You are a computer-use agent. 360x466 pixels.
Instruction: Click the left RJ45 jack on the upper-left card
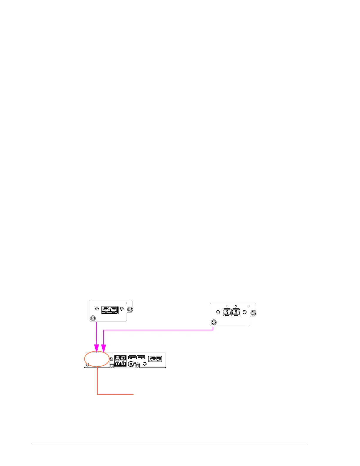coord(106,310)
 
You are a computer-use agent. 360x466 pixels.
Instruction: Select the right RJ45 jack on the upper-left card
coord(114,310)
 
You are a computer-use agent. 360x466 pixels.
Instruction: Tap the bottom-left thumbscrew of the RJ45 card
coord(93,318)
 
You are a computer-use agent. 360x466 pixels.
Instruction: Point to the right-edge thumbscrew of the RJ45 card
coord(129,309)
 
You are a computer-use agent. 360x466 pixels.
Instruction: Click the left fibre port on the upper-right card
coord(227,312)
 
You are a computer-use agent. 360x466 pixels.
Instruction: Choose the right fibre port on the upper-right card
coord(236,312)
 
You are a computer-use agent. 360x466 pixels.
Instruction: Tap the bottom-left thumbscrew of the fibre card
coord(214,322)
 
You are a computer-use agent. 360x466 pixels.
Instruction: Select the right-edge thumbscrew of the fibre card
coord(253,313)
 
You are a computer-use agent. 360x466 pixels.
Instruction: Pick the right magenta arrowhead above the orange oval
coord(104,348)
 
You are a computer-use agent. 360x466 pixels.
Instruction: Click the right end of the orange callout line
coord(134,394)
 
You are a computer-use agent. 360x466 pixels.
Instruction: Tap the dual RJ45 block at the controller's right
coord(155,358)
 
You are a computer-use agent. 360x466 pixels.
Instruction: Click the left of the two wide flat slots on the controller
coord(132,357)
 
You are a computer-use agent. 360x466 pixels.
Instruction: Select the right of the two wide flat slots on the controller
coord(141,357)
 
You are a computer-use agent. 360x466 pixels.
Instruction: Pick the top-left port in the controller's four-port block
coord(117,358)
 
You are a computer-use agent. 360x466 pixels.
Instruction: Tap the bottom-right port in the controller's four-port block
coord(123,364)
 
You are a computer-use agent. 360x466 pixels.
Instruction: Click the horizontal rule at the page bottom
coord(169,443)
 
